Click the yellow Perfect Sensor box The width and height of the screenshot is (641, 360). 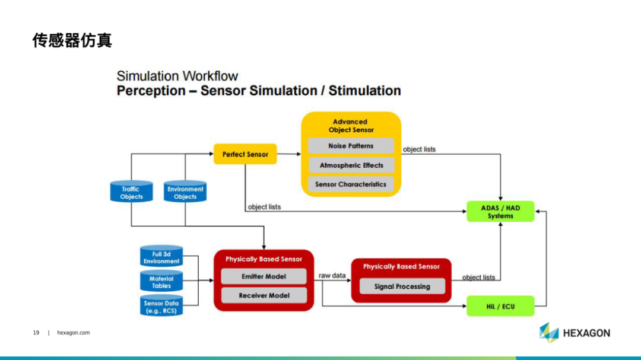[x=245, y=154]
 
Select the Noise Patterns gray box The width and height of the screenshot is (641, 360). [x=351, y=146]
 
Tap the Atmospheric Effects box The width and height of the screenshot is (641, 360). [x=351, y=165]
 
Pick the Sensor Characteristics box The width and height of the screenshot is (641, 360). [x=351, y=184]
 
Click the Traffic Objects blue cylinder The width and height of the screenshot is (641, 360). [x=131, y=191]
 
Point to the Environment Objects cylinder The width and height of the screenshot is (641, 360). [x=185, y=191]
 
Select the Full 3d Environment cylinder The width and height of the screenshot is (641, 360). [x=161, y=256]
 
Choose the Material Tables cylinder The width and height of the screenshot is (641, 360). [x=161, y=281]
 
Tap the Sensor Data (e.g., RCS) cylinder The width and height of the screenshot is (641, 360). [x=161, y=305]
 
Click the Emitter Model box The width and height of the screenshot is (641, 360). [x=264, y=276]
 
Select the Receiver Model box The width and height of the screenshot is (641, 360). [x=264, y=295]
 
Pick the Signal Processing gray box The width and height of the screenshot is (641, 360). [x=402, y=286]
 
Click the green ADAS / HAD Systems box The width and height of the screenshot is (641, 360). [x=500, y=212]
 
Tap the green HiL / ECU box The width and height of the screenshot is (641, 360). [x=500, y=306]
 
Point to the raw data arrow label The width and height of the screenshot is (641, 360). [x=332, y=275]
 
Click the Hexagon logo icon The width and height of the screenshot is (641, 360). [x=549, y=332]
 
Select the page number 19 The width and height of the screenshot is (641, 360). [x=36, y=333]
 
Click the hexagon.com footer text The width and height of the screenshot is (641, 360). [x=73, y=333]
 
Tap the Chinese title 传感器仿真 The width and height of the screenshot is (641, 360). [x=72, y=40]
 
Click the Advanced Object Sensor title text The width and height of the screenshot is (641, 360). [x=351, y=126]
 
